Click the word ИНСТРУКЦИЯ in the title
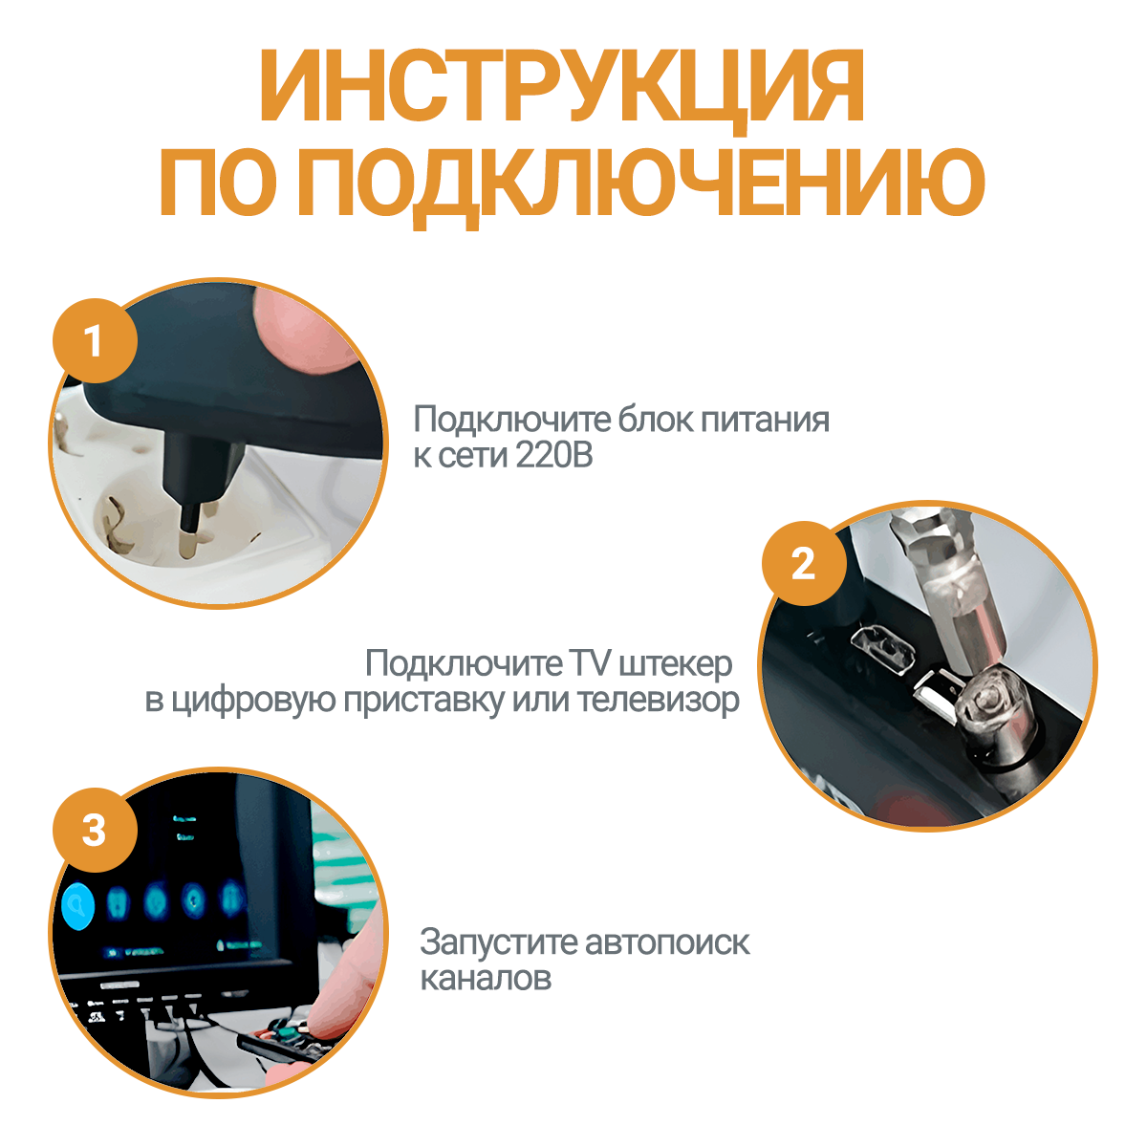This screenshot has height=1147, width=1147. [x=561, y=85]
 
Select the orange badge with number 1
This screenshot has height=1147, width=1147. [x=95, y=340]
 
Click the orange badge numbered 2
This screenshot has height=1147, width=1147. [x=804, y=563]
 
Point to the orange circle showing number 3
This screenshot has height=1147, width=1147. [x=95, y=831]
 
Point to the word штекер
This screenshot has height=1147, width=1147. [x=676, y=664]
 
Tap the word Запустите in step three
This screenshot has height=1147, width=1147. [x=499, y=942]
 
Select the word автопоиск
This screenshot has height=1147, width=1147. [x=667, y=942]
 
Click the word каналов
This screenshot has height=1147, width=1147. [x=486, y=978]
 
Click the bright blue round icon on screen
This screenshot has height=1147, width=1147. [x=78, y=905]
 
